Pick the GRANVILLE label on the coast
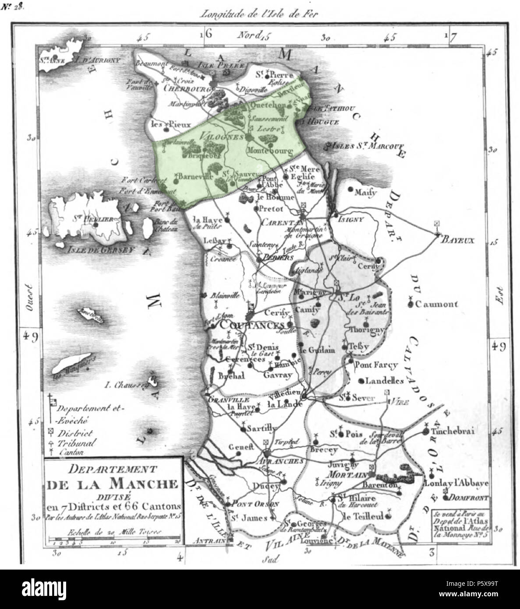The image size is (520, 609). (x=225, y=400)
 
